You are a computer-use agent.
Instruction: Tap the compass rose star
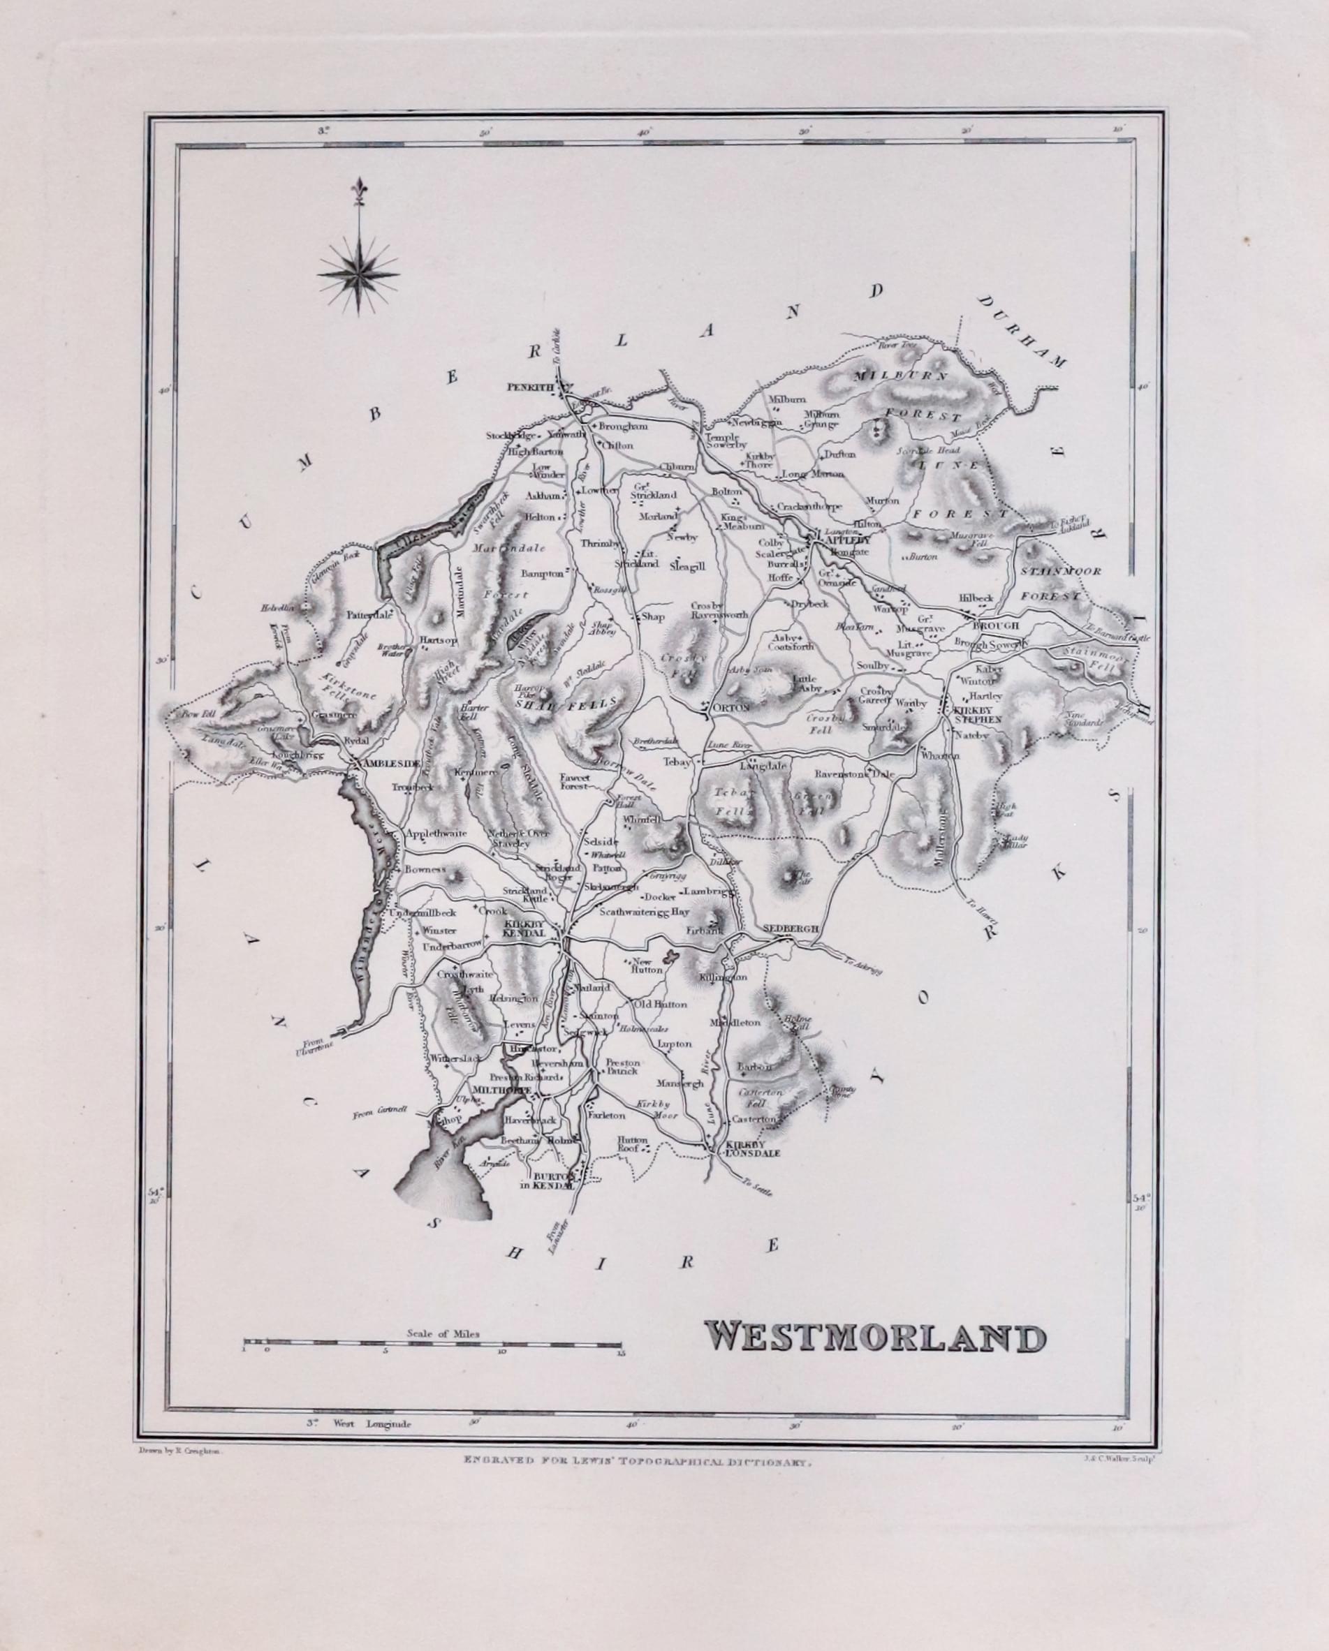pyautogui.click(x=358, y=274)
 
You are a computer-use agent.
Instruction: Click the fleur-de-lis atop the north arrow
pyautogui.click(x=358, y=188)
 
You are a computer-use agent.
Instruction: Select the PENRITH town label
pyautogui.click(x=529, y=387)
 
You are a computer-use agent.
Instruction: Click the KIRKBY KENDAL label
pyautogui.click(x=523, y=930)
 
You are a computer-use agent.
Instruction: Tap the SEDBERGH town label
pyautogui.click(x=791, y=928)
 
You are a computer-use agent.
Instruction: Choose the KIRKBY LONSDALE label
pyautogui.click(x=752, y=1148)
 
